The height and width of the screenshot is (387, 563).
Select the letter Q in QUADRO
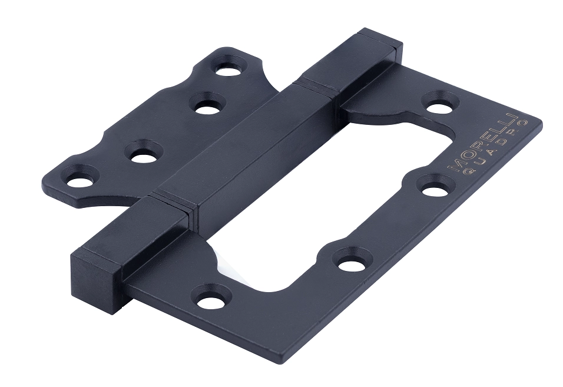click(461, 174)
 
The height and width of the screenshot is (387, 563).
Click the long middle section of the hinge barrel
click(247, 144)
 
